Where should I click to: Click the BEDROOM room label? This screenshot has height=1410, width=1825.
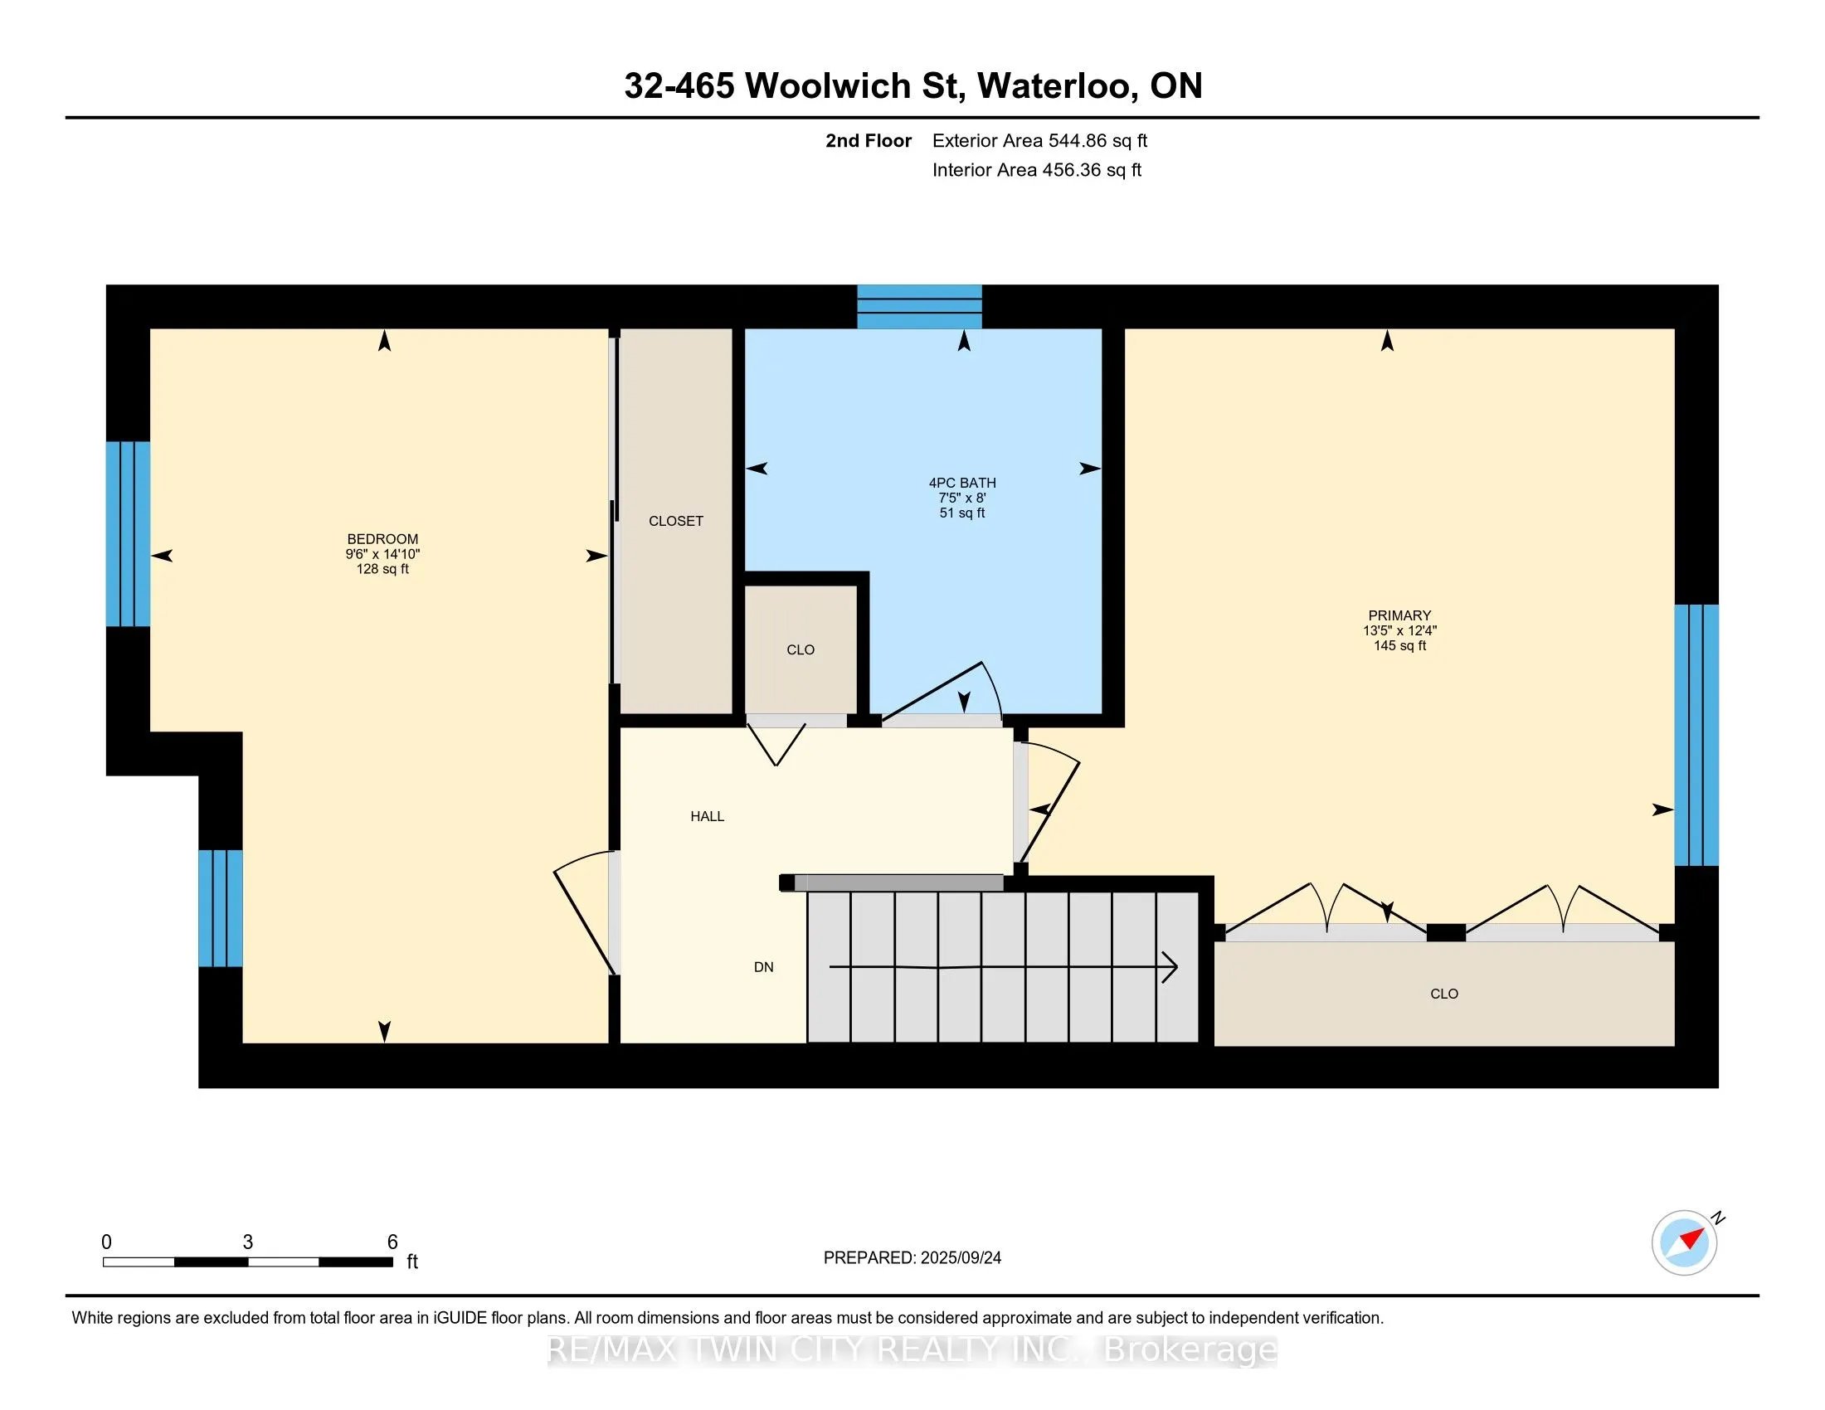tap(382, 539)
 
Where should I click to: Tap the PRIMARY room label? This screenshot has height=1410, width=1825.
tap(1399, 615)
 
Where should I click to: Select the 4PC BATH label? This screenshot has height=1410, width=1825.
tap(961, 483)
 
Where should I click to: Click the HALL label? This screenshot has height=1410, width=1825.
tap(707, 816)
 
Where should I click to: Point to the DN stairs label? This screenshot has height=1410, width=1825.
tap(763, 966)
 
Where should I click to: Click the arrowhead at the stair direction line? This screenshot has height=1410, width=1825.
tap(1170, 967)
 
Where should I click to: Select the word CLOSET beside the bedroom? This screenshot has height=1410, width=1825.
tap(675, 520)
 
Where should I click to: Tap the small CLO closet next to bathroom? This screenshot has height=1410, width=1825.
tap(800, 649)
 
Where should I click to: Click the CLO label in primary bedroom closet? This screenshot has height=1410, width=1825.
tap(1443, 993)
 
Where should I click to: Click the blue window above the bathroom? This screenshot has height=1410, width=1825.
tap(919, 307)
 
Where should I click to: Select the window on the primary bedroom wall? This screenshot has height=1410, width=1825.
tap(1696, 735)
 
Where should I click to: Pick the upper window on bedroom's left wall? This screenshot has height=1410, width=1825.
tap(128, 533)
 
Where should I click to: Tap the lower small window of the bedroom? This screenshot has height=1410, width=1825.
tap(221, 908)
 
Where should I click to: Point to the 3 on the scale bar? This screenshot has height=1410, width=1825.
tap(247, 1242)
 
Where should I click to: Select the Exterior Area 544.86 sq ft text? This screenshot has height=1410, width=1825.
tap(1039, 140)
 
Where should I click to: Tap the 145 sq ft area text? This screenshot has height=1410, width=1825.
tap(1399, 645)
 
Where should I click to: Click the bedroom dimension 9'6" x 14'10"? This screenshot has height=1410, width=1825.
tap(382, 554)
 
